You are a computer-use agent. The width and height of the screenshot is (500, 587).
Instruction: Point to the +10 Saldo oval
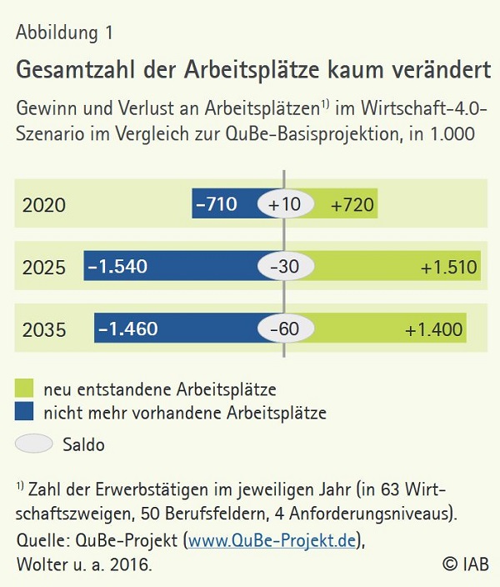click(x=285, y=203)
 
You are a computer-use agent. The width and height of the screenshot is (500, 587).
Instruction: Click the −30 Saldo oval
click(x=285, y=267)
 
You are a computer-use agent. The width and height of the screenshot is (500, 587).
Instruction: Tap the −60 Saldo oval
click(x=285, y=329)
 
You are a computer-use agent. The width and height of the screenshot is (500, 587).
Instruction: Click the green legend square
click(x=24, y=388)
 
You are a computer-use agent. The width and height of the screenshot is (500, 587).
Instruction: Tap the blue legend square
click(x=24, y=411)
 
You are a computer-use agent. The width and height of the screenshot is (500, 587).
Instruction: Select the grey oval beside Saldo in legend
click(x=33, y=444)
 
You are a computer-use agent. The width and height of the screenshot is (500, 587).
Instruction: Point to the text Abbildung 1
click(x=64, y=33)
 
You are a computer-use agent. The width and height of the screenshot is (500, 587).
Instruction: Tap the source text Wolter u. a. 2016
click(x=84, y=564)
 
